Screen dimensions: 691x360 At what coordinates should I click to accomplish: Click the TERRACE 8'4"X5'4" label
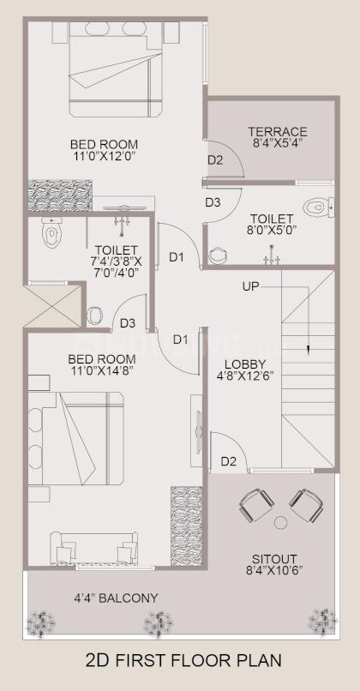coord(278,137)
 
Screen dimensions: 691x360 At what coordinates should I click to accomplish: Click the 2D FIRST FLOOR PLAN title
coord(183,660)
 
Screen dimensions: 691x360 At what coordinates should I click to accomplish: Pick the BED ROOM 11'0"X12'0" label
coord(104,150)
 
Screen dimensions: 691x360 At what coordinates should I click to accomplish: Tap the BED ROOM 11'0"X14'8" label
coord(101,364)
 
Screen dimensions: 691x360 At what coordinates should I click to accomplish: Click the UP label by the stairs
coord(251,285)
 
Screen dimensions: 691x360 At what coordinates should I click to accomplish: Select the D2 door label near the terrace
coord(214,160)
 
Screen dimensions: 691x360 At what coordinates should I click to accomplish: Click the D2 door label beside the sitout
coord(228,461)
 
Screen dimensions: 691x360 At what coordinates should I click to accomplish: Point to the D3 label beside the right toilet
coord(213,202)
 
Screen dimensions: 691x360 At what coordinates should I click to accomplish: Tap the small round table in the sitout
coord(279,522)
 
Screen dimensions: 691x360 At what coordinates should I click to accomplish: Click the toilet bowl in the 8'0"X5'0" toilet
coord(318,207)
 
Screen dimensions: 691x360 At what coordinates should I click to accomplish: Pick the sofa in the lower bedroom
coord(94,545)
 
